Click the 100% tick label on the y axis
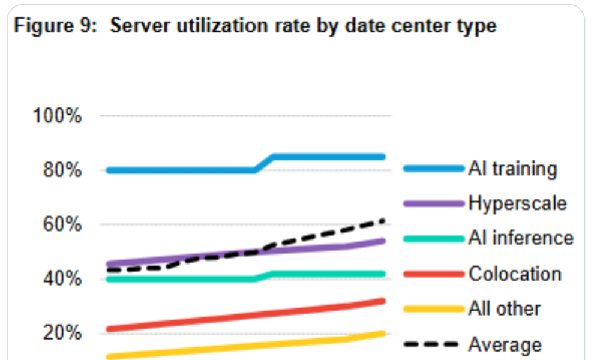point(57,115)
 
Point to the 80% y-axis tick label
point(62,170)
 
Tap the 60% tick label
point(62,224)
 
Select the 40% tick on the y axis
point(62,278)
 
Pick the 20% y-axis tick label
point(62,333)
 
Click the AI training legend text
point(513,169)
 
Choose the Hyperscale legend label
point(517,203)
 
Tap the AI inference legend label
point(521,238)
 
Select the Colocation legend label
point(515,274)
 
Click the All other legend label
point(505,309)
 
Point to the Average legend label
point(505,344)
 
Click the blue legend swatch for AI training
point(434,169)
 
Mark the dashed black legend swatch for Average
point(431,344)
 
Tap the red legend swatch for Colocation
point(434,274)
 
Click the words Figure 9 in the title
point(55,26)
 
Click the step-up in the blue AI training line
point(264,163)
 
